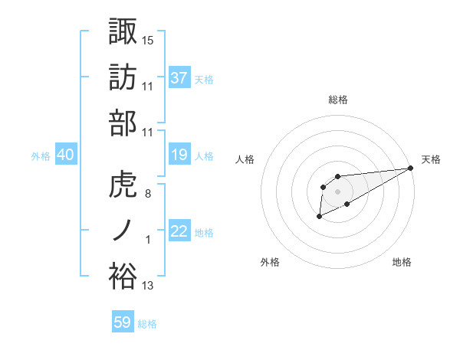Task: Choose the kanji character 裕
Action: (123, 276)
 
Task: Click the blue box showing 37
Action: (179, 77)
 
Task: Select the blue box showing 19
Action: (179, 155)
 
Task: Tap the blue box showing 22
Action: (179, 232)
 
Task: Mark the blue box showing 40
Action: (66, 155)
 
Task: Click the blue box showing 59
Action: (123, 322)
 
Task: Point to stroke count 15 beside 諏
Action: (148, 40)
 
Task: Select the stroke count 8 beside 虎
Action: (148, 194)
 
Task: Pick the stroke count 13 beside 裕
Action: (148, 286)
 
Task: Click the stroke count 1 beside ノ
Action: (148, 241)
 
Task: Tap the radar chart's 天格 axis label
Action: (431, 159)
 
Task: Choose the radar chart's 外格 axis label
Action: (269, 262)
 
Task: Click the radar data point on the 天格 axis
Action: (412, 168)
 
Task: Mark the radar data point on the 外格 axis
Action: (319, 218)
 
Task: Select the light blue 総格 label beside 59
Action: (147, 323)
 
